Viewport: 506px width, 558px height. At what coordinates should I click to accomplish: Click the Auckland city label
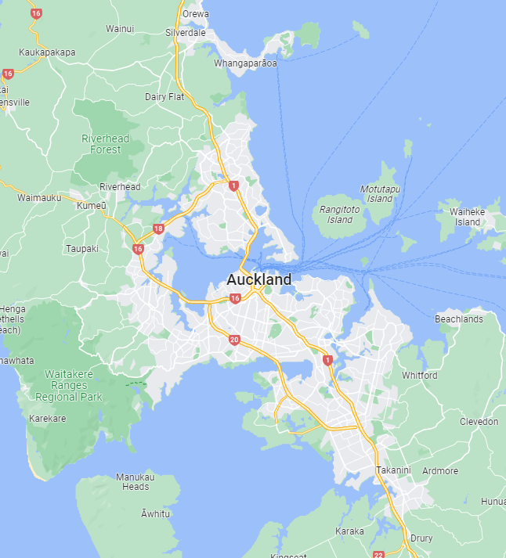tap(258, 279)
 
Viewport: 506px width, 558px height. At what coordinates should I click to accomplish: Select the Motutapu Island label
tap(380, 193)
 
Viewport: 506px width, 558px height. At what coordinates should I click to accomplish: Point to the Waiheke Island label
tap(468, 217)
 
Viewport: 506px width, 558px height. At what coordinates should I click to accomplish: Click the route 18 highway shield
tap(159, 229)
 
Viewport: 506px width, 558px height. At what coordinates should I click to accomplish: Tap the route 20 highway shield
tap(234, 340)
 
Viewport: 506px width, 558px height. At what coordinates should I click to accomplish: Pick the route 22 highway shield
tap(378, 554)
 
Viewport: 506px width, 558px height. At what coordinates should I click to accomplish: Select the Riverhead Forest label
tap(106, 144)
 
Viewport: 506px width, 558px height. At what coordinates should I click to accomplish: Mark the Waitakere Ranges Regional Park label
tap(69, 385)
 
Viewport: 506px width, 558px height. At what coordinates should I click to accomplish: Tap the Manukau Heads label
tap(136, 481)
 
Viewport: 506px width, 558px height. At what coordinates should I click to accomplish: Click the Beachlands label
tap(459, 319)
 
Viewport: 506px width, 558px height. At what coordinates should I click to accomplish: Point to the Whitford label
tap(420, 376)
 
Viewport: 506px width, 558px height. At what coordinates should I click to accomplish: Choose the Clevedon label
tap(479, 422)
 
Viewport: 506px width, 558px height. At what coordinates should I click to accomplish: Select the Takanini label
tap(393, 470)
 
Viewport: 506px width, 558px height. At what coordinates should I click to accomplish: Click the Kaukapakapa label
tap(47, 52)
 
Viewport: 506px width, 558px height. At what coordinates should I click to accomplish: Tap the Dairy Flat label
tap(164, 97)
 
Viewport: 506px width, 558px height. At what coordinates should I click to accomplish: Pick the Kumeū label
tap(92, 205)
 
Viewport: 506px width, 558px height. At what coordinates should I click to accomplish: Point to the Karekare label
tap(47, 419)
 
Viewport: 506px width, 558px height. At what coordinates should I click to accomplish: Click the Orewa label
tap(195, 14)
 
